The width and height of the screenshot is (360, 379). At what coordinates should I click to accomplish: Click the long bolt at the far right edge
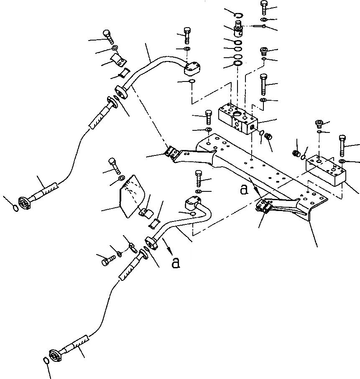coord(342,144)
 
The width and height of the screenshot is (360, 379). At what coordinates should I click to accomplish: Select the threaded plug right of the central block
coord(269,137)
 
